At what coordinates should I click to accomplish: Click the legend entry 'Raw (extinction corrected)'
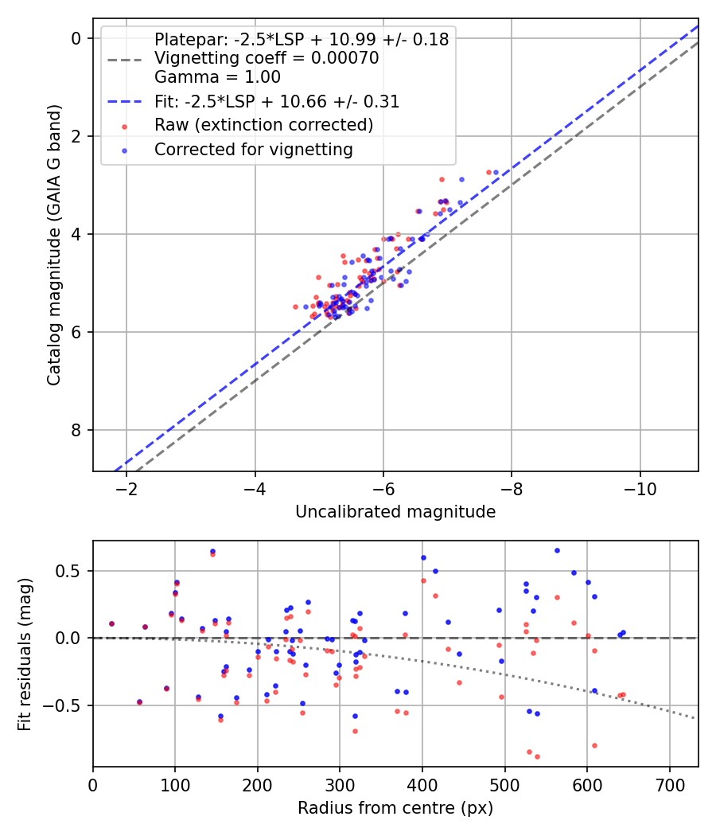click(x=263, y=125)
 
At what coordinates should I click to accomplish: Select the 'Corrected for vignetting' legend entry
click(x=253, y=150)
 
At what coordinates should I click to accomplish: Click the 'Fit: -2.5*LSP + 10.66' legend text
click(x=276, y=101)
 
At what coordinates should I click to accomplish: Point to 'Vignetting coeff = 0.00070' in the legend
click(x=267, y=58)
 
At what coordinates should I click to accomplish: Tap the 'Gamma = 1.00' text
click(x=217, y=77)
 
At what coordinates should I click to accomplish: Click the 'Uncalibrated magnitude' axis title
click(x=395, y=512)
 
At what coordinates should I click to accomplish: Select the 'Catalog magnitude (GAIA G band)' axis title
click(x=54, y=244)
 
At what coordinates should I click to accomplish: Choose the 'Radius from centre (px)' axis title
click(x=395, y=808)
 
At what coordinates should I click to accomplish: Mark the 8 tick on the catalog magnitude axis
click(x=76, y=430)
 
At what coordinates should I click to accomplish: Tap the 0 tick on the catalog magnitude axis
click(x=76, y=38)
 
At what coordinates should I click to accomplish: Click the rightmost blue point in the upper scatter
click(x=496, y=172)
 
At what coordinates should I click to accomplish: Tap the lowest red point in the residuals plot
click(x=537, y=756)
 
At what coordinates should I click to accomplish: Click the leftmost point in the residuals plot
click(x=111, y=623)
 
